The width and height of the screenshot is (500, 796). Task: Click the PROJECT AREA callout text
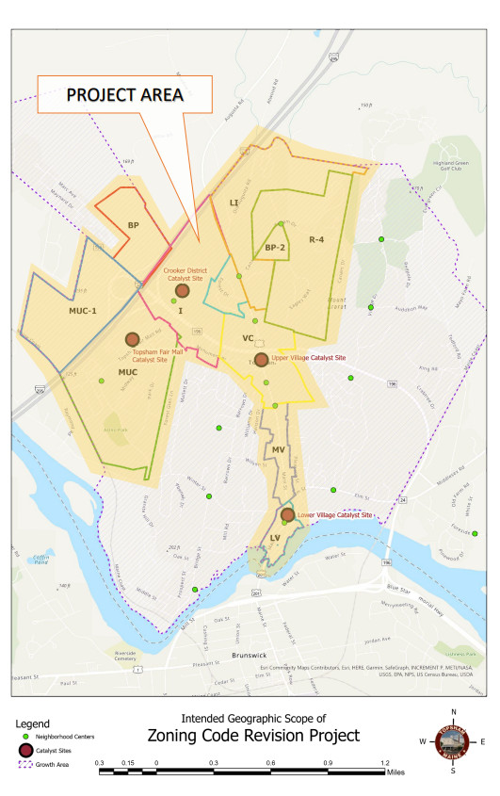coord(123,96)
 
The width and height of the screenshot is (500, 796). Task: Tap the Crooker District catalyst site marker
coord(182,291)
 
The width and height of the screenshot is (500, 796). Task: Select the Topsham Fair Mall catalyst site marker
coord(132,339)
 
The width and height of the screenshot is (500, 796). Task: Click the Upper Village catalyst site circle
coord(261,359)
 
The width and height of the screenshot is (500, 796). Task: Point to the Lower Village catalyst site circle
coord(287,514)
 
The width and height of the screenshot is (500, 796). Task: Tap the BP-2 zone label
coord(274,247)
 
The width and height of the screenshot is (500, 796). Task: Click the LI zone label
coord(234,202)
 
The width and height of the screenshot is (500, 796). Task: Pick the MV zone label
coord(278,451)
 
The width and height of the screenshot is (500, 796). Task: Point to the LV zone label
coord(275,539)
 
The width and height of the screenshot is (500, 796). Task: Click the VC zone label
coord(249,337)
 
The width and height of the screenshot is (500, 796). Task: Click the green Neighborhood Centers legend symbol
coord(25,736)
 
